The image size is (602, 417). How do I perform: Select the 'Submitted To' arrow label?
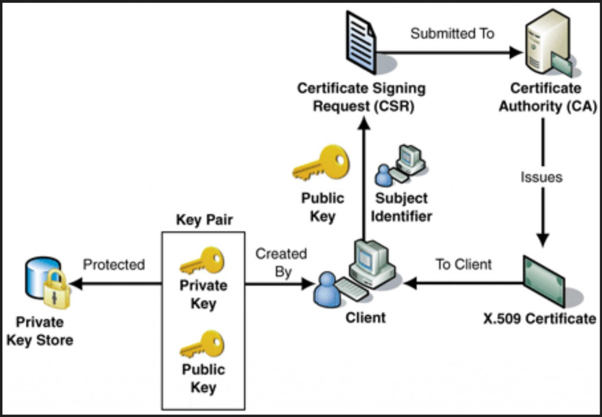point(451,34)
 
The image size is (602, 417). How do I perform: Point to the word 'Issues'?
point(541,177)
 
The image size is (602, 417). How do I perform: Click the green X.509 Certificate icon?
point(543,280)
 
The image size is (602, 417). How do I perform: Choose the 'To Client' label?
point(463,265)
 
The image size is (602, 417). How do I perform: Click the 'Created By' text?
point(281,263)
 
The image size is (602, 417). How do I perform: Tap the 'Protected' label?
point(113,265)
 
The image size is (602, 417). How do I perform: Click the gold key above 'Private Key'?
point(202,261)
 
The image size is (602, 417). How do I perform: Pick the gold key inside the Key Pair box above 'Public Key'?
point(202,345)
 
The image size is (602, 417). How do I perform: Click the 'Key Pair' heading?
point(204,220)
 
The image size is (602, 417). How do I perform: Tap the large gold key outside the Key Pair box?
point(321,164)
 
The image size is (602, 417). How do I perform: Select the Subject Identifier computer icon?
point(401,166)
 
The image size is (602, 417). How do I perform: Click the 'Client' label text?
point(365,318)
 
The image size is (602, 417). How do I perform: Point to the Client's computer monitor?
point(369,259)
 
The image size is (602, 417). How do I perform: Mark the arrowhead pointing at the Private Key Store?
point(75,284)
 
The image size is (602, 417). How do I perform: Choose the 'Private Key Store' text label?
point(40,331)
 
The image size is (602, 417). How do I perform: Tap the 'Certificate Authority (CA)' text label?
point(545,98)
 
